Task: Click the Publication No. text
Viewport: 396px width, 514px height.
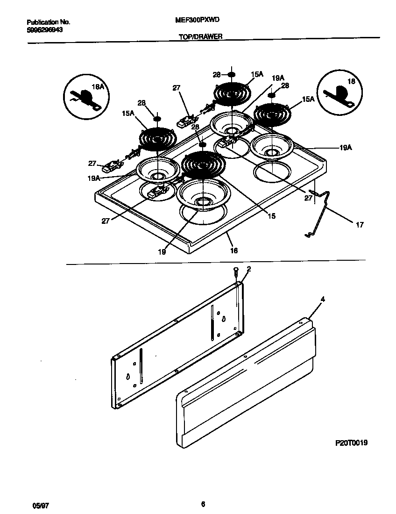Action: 48,22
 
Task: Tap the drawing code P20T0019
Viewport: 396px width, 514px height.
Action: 351,443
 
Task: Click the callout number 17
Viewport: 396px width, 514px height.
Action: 359,225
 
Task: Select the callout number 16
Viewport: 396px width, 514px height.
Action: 234,250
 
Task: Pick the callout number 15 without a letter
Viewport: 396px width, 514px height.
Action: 271,216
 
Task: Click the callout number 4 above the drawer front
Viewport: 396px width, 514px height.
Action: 323,299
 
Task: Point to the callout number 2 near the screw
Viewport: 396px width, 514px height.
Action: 249,269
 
